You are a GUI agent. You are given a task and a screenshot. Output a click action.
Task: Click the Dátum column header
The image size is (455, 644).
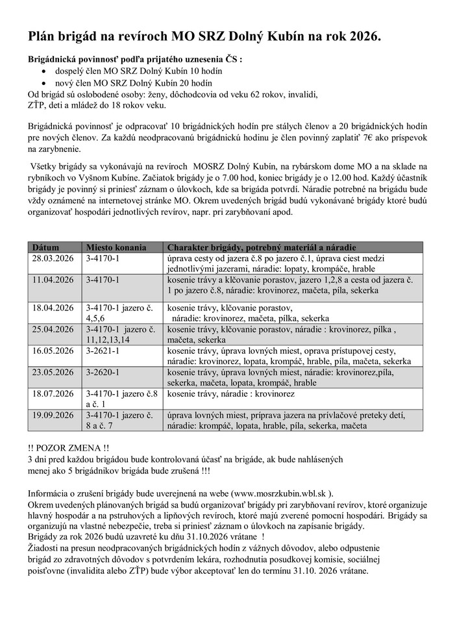[x=46, y=247]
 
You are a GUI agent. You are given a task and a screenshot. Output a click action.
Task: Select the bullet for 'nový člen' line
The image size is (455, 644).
[x=43, y=84]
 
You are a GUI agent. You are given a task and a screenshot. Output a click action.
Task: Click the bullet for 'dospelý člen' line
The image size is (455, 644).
[x=43, y=72]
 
